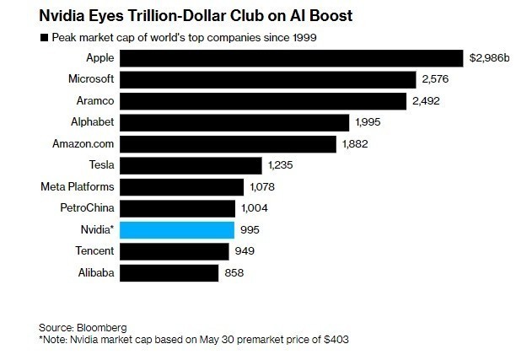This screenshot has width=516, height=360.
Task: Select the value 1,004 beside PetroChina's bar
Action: (x=257, y=208)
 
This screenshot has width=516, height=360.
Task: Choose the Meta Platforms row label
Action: (x=78, y=186)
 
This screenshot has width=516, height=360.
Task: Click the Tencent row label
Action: (x=94, y=251)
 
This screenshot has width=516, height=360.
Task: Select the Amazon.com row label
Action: (x=84, y=143)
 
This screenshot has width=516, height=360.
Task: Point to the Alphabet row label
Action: (x=93, y=122)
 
